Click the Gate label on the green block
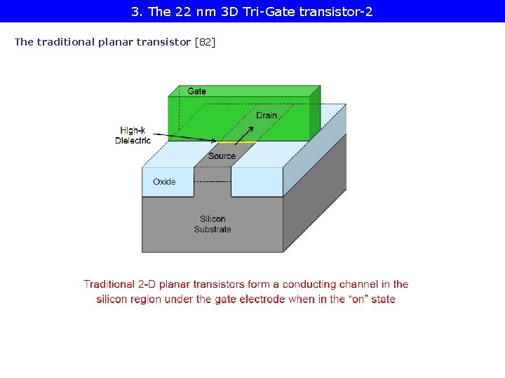(x=196, y=91)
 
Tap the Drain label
(x=267, y=115)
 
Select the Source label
(x=222, y=156)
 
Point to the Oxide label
(x=164, y=182)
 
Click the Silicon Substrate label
(x=213, y=224)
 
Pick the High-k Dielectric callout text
(x=133, y=135)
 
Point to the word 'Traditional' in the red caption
(x=109, y=284)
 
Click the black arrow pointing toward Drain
(x=242, y=134)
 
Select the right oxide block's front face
(x=257, y=182)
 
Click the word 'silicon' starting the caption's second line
(x=114, y=299)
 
